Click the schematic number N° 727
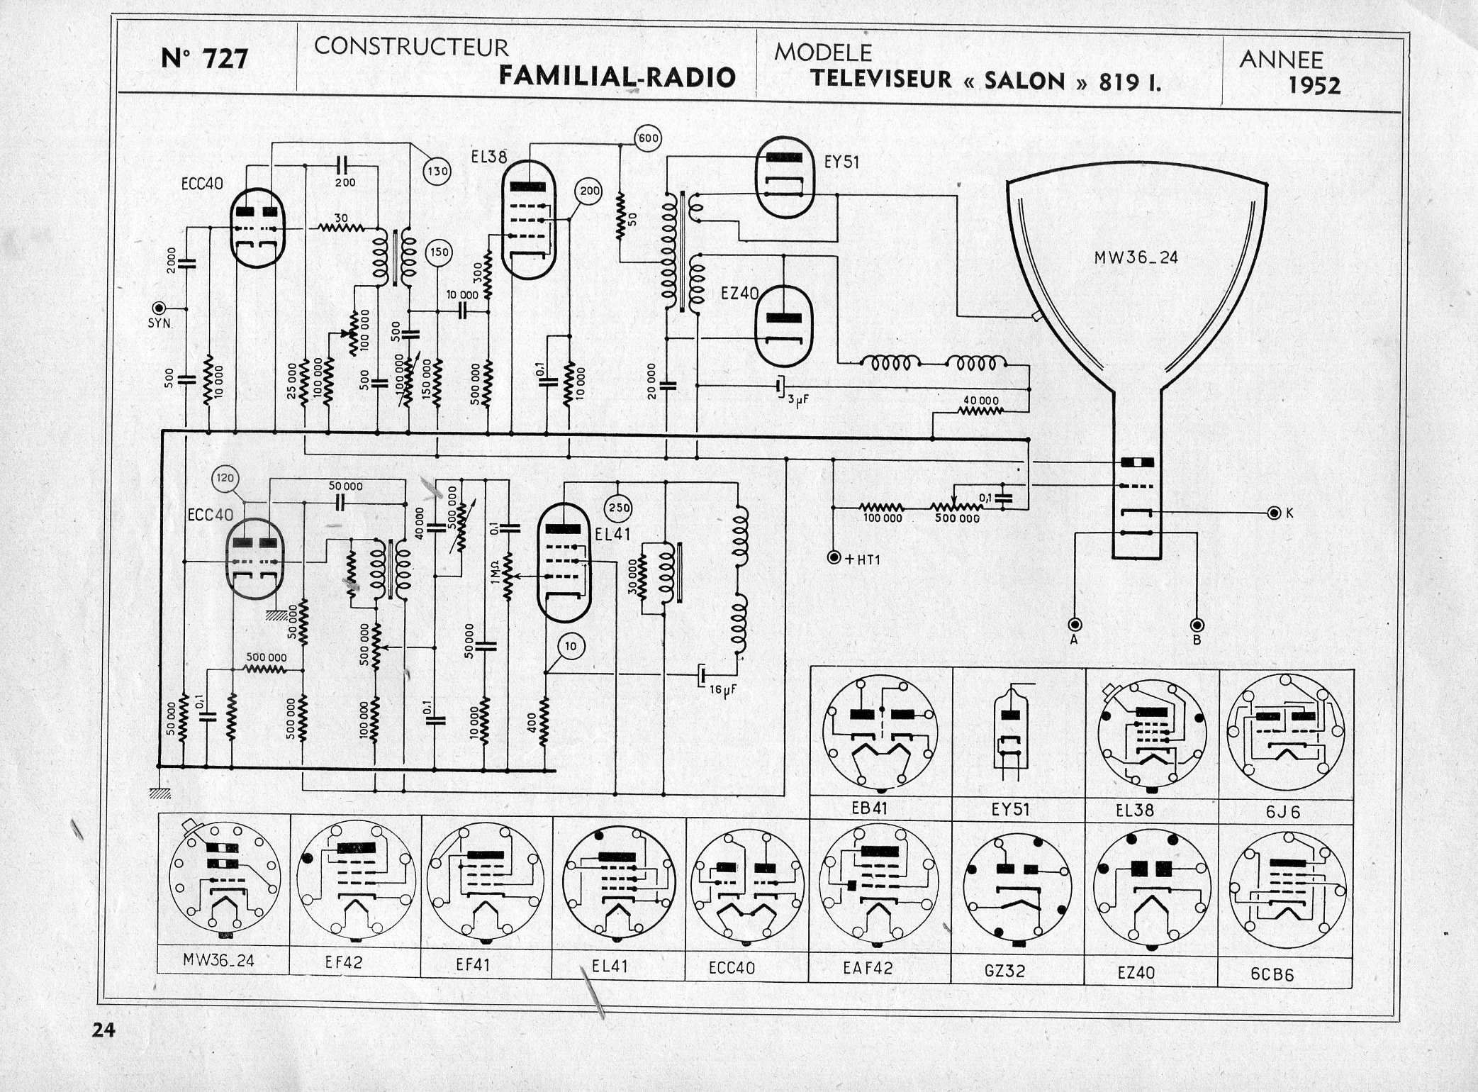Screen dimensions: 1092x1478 click(x=204, y=58)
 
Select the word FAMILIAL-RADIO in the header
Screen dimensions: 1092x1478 click(x=617, y=76)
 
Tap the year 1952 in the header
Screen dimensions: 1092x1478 click(x=1314, y=85)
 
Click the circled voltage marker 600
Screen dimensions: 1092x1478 click(x=648, y=139)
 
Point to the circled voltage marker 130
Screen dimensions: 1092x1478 click(x=437, y=170)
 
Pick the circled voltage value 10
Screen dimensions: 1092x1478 click(x=571, y=645)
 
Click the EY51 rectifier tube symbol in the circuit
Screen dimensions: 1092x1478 click(x=785, y=177)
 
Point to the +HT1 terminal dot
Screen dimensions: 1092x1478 click(x=834, y=558)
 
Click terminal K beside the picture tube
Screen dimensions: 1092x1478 click(x=1275, y=512)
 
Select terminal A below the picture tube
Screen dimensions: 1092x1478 click(x=1075, y=625)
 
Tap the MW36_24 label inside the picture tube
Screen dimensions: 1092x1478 click(x=1136, y=257)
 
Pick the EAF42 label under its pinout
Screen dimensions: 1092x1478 click(x=867, y=967)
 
